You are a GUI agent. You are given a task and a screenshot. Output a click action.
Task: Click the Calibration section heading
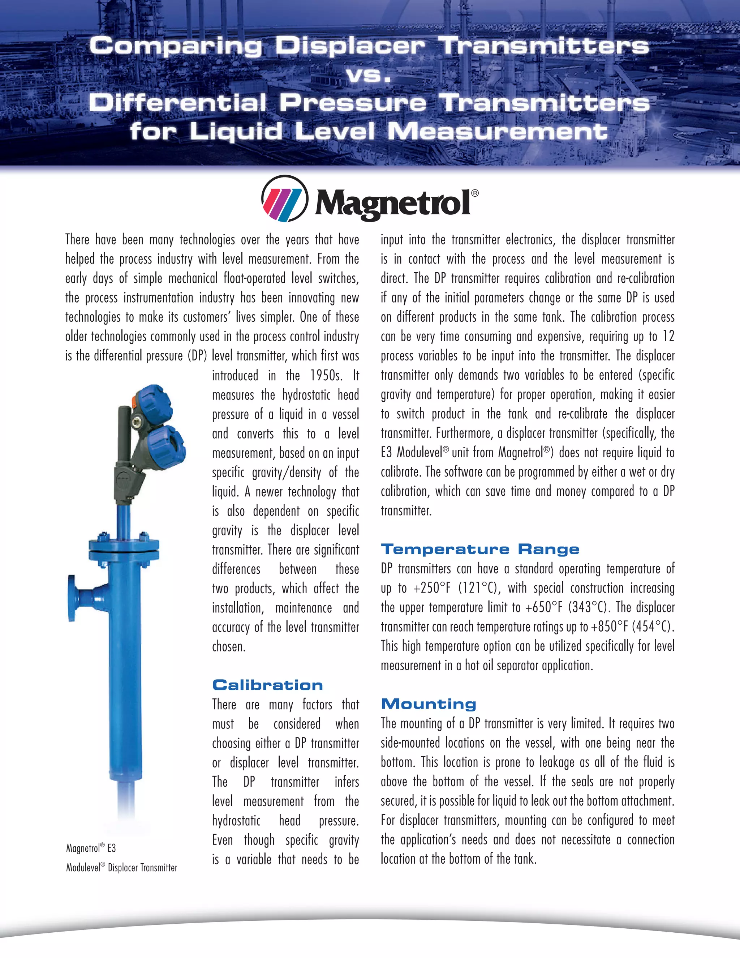(267, 685)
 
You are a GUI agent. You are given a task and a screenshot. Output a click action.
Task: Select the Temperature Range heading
(480, 549)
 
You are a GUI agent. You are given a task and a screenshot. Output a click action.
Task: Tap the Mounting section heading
(428, 704)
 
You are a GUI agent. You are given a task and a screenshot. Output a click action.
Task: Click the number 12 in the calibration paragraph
(668, 337)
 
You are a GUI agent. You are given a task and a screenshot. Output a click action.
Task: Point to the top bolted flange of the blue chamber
(125, 545)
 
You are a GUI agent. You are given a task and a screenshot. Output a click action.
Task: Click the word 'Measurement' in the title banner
(498, 131)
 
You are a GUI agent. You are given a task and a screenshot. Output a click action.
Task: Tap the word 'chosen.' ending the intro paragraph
(229, 647)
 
